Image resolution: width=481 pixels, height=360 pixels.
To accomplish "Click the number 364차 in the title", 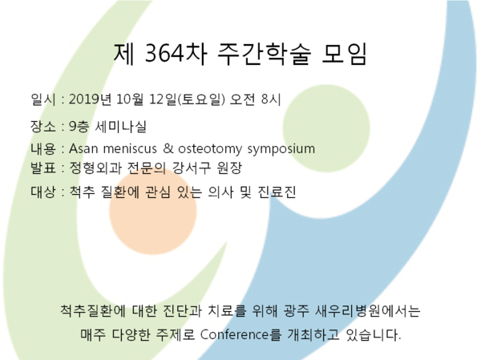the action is click(176, 54).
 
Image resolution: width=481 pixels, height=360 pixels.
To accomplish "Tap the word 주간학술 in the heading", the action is click(265, 54).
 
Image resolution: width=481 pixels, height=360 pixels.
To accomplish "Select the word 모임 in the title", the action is click(344, 54).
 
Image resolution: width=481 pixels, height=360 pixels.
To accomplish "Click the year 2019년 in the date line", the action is click(90, 99).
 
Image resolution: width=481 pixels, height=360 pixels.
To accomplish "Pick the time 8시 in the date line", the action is click(271, 99).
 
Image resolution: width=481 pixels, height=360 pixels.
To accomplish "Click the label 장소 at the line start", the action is click(43, 126).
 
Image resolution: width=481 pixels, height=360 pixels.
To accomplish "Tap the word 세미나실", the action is click(120, 126).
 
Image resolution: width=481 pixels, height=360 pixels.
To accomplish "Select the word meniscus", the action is click(130, 148).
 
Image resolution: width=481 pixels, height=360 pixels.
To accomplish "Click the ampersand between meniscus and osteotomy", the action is click(168, 148).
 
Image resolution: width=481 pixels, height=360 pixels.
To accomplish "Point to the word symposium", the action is click(281, 149).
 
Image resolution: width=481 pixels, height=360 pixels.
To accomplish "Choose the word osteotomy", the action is click(210, 149).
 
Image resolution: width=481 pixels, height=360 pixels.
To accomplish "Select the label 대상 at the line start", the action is click(43, 192).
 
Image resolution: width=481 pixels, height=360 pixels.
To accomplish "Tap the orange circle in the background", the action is click(153, 211).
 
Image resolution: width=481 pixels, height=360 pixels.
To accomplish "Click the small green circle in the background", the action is click(326, 128).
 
